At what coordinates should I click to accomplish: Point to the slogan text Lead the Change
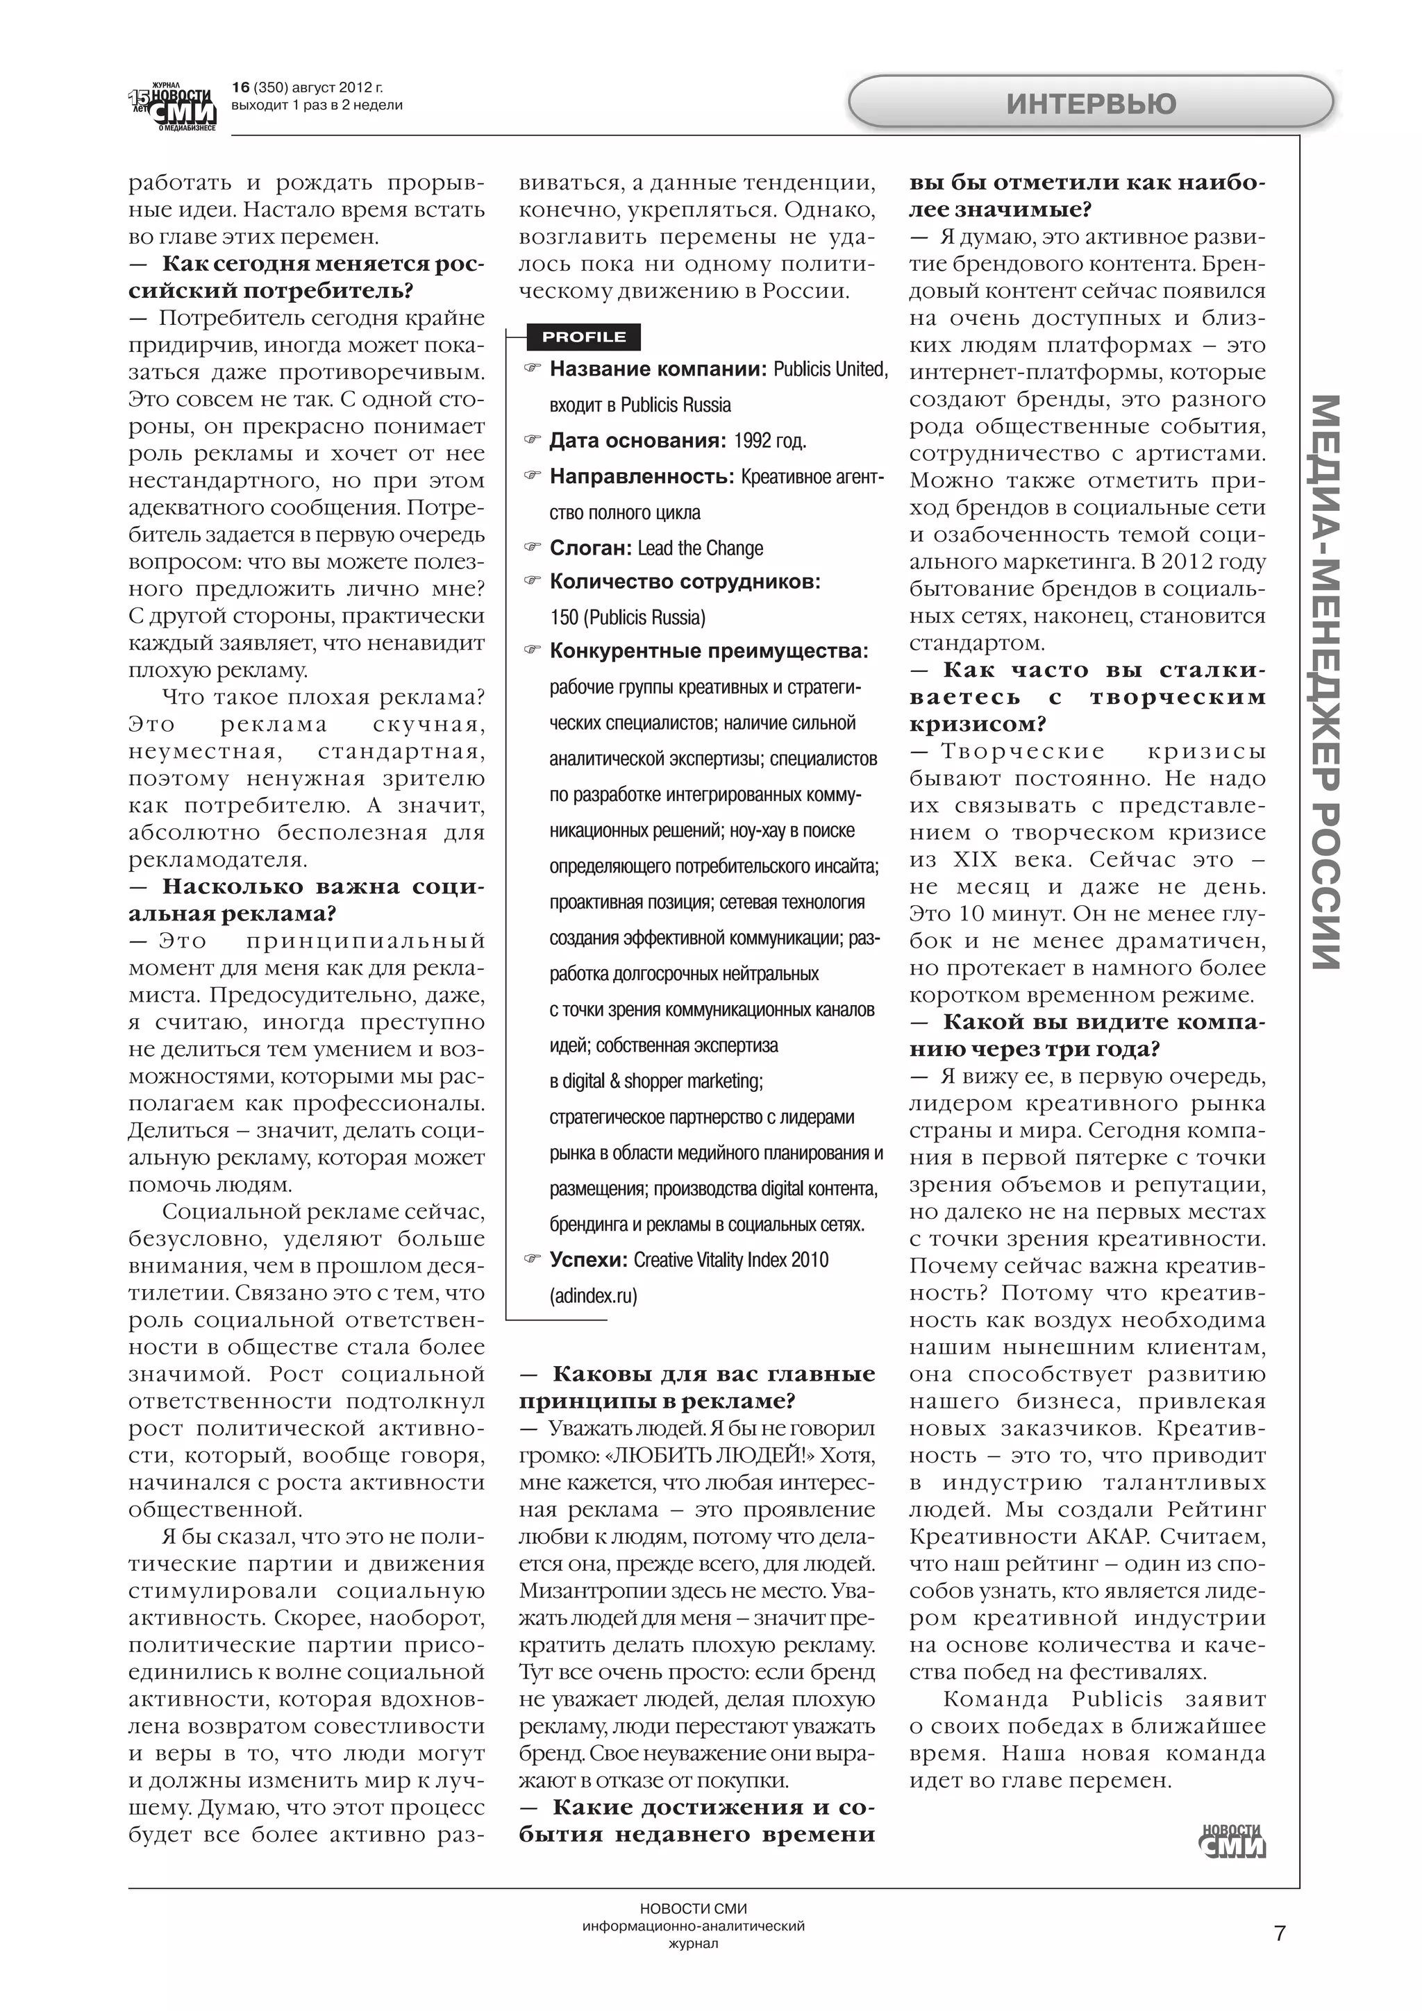click(x=700, y=548)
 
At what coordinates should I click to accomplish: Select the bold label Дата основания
click(x=637, y=441)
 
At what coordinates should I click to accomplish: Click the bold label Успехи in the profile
click(x=588, y=1259)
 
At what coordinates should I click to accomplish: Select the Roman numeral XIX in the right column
click(x=973, y=859)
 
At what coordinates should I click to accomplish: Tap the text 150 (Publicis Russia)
click(x=627, y=618)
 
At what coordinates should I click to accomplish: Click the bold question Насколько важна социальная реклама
click(x=307, y=900)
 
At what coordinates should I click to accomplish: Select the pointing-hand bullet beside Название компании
click(x=532, y=369)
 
